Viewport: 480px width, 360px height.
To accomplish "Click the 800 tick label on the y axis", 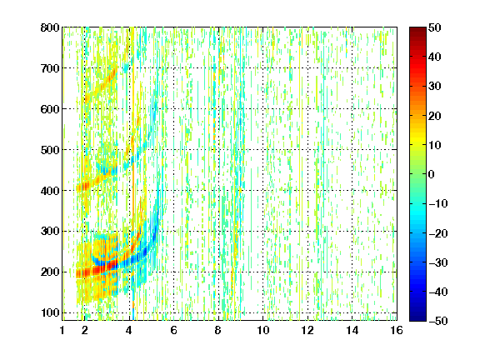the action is coord(50,27).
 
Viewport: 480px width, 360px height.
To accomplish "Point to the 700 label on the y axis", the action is coord(50,68).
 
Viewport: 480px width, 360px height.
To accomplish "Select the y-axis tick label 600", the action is coord(50,109).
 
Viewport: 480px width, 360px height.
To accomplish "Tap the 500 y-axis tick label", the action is coord(50,150).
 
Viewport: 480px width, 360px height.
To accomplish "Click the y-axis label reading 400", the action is coord(50,191).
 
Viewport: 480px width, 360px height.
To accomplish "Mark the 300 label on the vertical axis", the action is coord(50,232).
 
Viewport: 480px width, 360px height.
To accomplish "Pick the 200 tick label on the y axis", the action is coord(50,272).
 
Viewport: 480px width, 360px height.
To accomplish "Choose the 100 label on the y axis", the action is coord(50,312).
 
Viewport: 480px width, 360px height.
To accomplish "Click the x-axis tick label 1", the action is coord(62,330).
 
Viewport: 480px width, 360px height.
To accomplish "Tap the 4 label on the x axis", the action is coord(129,330).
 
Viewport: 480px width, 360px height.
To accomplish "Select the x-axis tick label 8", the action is coord(218,330).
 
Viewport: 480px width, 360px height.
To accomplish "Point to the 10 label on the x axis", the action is coord(263,330).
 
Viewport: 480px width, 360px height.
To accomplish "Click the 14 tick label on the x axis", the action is coord(352,330).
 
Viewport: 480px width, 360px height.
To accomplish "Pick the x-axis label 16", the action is coord(397,330).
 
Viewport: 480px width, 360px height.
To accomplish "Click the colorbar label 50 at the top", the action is coord(435,27).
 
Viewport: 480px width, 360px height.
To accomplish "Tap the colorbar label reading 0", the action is coord(432,174).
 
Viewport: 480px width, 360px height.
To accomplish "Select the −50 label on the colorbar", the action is coord(438,321).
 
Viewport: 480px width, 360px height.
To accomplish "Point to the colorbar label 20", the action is coord(435,116).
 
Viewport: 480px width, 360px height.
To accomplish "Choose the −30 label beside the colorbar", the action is coord(438,262).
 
